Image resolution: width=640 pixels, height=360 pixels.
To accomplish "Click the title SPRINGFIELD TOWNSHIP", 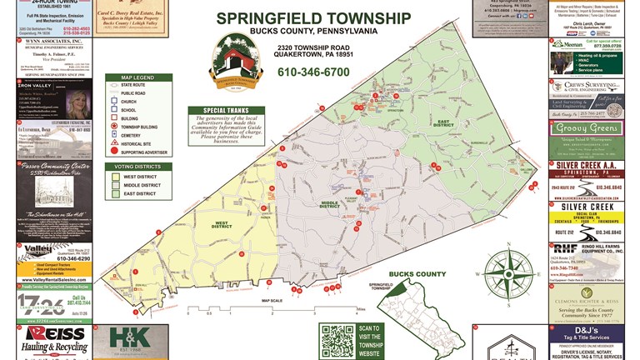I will [313, 17].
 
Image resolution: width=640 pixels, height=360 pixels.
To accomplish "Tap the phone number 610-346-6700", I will [313, 72].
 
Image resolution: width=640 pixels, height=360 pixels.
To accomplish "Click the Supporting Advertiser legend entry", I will [142, 152].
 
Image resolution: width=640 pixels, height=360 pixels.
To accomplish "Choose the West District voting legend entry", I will [140, 177].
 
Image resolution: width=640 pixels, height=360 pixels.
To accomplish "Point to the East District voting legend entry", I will [140, 193].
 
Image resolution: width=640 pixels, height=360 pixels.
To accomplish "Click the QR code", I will [337, 342].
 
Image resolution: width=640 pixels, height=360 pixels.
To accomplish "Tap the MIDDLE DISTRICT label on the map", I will [329, 204].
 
